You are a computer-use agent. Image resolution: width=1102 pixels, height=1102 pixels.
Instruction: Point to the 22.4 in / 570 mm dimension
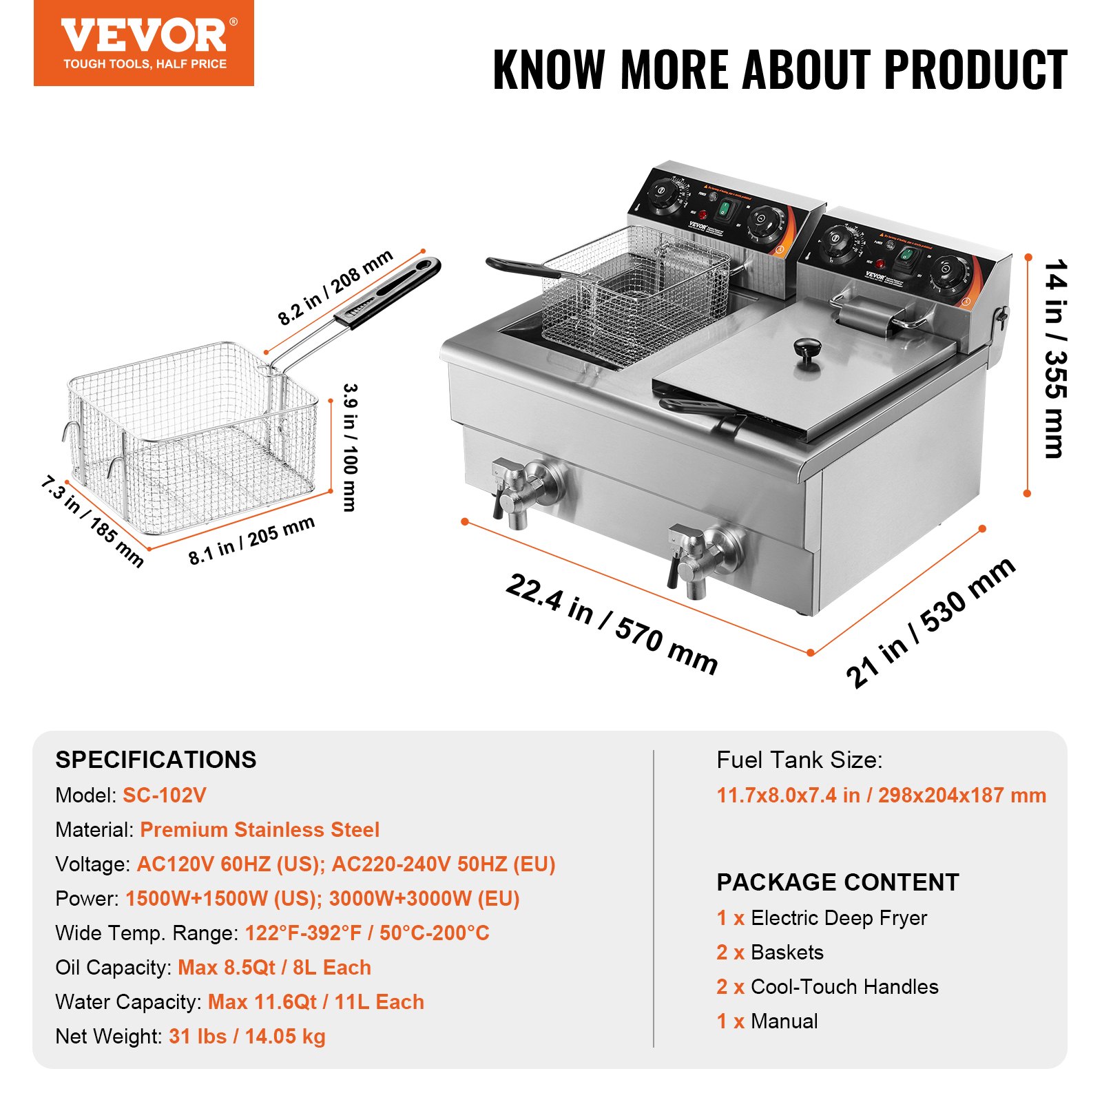point(612,623)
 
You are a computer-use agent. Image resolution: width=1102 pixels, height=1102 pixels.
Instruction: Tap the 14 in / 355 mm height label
point(1054,358)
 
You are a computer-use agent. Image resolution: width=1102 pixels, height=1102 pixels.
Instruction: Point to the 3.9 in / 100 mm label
point(350,447)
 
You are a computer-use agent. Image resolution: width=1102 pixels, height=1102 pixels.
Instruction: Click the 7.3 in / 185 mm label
point(92,521)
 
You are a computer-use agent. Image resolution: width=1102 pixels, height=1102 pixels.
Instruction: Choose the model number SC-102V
point(164,796)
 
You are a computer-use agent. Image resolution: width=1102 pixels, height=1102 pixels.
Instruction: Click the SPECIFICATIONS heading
point(156,760)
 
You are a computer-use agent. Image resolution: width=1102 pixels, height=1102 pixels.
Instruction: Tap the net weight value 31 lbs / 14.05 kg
point(247,1037)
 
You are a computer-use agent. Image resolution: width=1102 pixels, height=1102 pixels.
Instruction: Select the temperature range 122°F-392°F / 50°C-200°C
point(366,933)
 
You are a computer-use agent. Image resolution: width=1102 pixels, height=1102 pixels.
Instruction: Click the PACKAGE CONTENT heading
point(838,882)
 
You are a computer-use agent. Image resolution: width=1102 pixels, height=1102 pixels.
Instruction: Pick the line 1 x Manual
point(767,1021)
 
